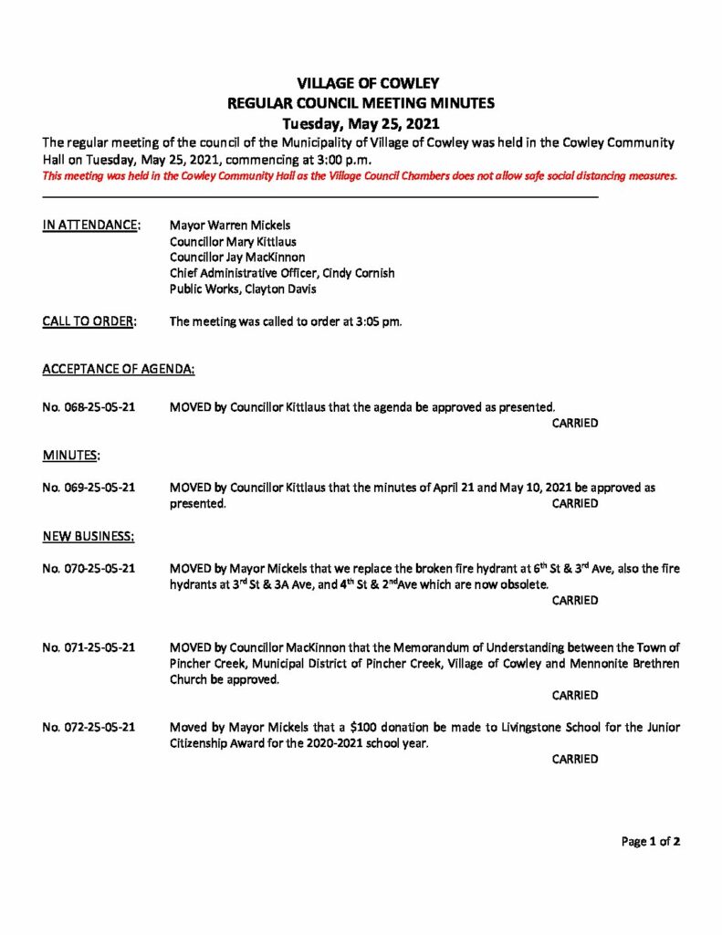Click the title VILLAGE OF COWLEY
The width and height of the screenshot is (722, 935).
361,84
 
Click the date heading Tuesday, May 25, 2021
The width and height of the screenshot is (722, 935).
361,123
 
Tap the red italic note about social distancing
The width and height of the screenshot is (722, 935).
360,176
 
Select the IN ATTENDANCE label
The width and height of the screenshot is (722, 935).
91,225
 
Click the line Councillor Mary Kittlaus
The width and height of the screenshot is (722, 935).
233,241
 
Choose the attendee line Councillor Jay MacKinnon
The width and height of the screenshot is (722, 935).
237,257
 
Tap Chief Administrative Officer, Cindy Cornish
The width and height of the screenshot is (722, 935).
282,274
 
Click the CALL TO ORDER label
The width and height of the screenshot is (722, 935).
89,322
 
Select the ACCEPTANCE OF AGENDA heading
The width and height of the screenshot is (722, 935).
118,370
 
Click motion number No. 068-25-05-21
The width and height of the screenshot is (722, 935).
89,406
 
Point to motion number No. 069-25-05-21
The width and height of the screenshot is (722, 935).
89,488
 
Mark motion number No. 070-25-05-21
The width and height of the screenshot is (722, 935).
89,569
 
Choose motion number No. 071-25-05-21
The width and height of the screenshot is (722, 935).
89,648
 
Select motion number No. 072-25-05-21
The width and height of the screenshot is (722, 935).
89,728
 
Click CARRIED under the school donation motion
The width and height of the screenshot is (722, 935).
575,759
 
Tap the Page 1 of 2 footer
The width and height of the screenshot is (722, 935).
651,842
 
